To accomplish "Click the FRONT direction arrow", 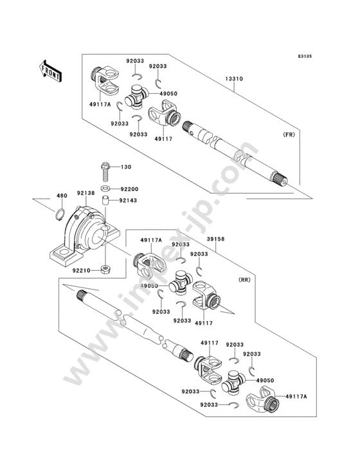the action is coord(50,71).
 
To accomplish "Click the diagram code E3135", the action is coord(305,56).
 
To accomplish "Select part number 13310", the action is coord(234,78).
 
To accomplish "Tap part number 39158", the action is coord(216,239).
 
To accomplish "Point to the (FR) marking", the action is coord(289,134).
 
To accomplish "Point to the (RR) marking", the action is coord(244,280).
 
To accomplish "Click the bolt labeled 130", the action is coord(105,172).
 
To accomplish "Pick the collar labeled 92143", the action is coord(105,200).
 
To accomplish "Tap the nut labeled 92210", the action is coord(105,270).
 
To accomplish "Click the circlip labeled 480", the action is coord(60,214).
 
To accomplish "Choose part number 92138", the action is coord(85,193).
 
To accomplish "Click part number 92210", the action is coord(81,270).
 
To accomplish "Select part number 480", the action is coord(62,196).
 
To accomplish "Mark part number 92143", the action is coord(128,200).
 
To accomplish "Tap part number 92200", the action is coord(130,189).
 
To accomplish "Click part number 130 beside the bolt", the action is coord(126,167).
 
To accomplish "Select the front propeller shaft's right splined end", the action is coord(280,178).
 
